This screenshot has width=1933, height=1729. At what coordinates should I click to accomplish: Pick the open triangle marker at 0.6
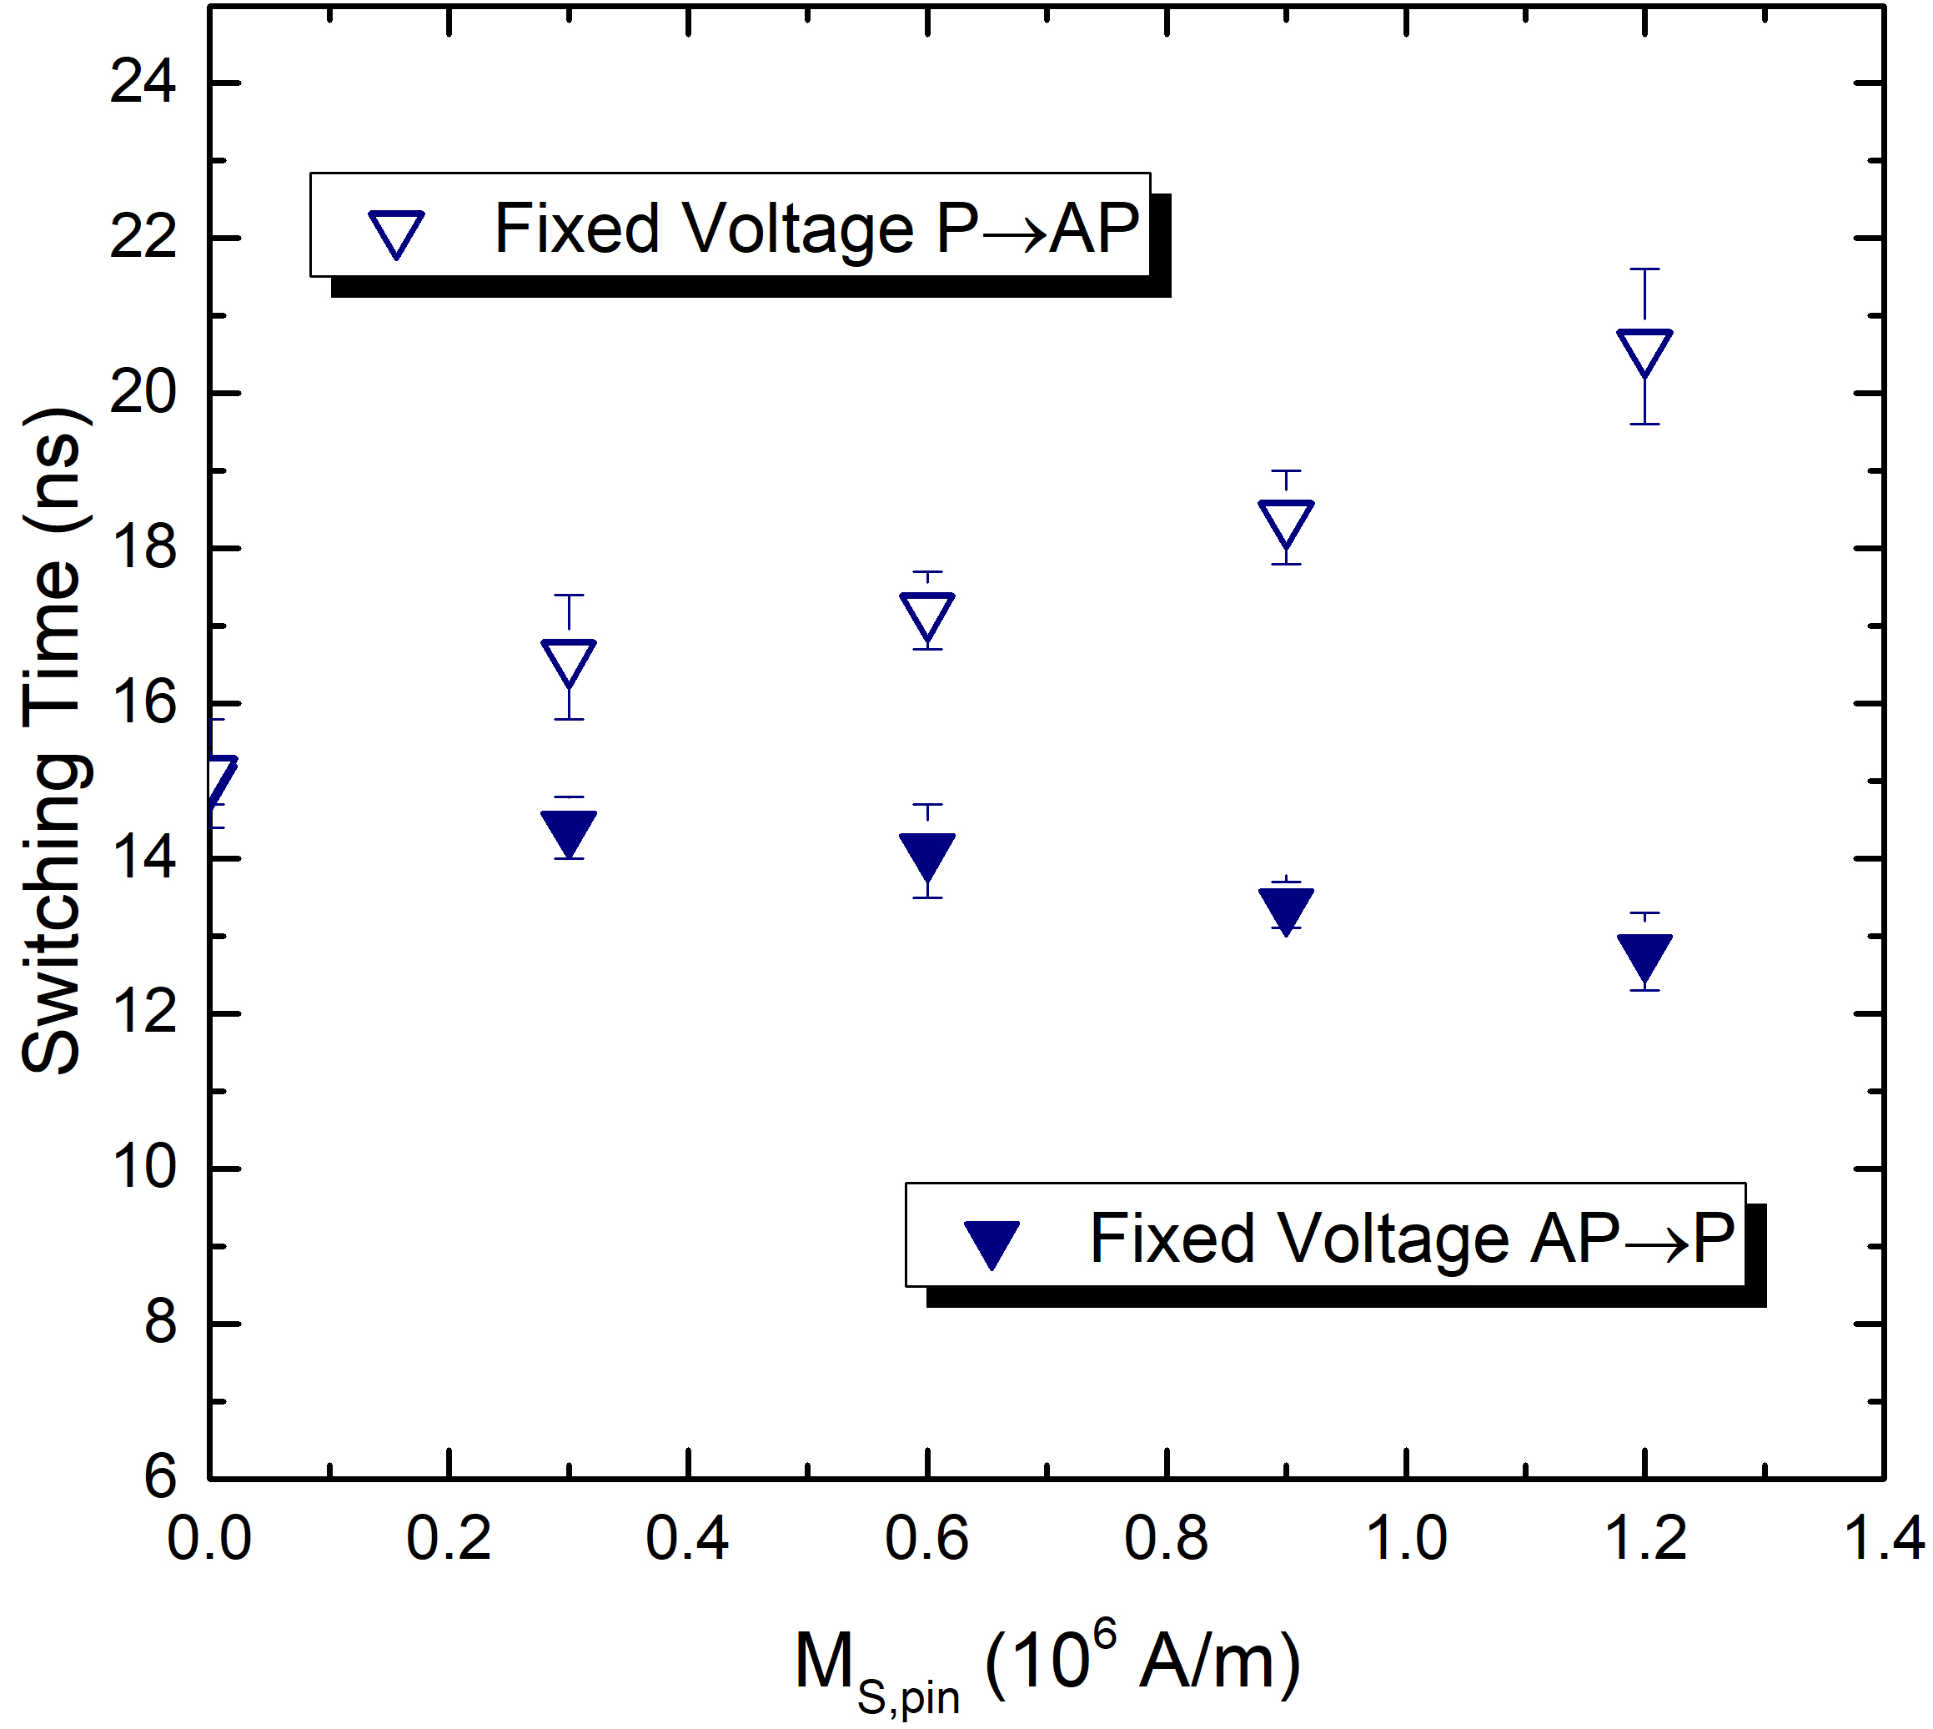point(927,616)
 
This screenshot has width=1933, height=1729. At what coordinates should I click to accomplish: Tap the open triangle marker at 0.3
point(568,661)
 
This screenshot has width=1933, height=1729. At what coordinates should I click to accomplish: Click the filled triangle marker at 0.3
point(568,832)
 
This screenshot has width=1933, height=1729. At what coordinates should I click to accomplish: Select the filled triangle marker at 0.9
point(1285,908)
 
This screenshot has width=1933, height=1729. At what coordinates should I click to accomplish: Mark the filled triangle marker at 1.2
point(1644,956)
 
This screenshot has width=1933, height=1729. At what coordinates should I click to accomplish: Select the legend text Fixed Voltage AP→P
point(1412,1239)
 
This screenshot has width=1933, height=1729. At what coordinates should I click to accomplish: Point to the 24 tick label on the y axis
point(143,82)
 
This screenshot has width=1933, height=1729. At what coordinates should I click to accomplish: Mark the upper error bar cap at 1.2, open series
point(1644,269)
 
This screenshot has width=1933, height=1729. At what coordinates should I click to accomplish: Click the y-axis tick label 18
point(143,548)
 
